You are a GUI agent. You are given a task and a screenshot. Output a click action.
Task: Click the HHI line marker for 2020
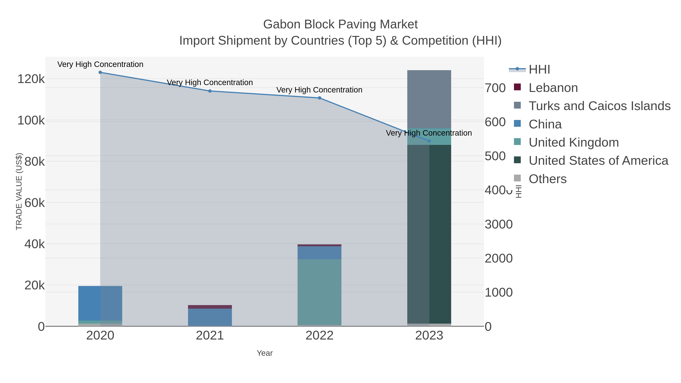click(100, 72)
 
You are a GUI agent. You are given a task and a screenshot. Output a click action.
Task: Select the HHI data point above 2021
click(210, 91)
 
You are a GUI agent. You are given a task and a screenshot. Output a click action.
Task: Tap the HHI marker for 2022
click(319, 98)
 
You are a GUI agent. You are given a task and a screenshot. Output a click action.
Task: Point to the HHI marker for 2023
click(429, 141)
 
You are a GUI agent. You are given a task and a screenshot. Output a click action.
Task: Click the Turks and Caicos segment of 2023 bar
click(429, 99)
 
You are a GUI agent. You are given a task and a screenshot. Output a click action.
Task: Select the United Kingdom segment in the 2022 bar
click(319, 292)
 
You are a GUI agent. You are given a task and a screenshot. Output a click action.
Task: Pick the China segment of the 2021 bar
click(210, 317)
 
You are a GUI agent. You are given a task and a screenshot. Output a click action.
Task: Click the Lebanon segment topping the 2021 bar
click(210, 307)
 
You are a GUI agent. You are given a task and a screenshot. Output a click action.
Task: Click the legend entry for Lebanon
click(553, 88)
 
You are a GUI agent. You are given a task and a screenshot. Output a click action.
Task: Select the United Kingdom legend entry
click(574, 142)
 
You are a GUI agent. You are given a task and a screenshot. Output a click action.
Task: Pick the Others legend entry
click(547, 179)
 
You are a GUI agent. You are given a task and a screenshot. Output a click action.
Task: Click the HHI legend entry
click(539, 70)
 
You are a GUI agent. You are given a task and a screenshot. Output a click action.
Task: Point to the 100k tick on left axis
click(31, 120)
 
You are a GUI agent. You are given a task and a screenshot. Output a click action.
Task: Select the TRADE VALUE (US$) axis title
click(19, 191)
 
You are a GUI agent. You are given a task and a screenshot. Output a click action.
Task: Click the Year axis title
click(265, 353)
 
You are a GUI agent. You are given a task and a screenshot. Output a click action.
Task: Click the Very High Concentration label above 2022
click(319, 90)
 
